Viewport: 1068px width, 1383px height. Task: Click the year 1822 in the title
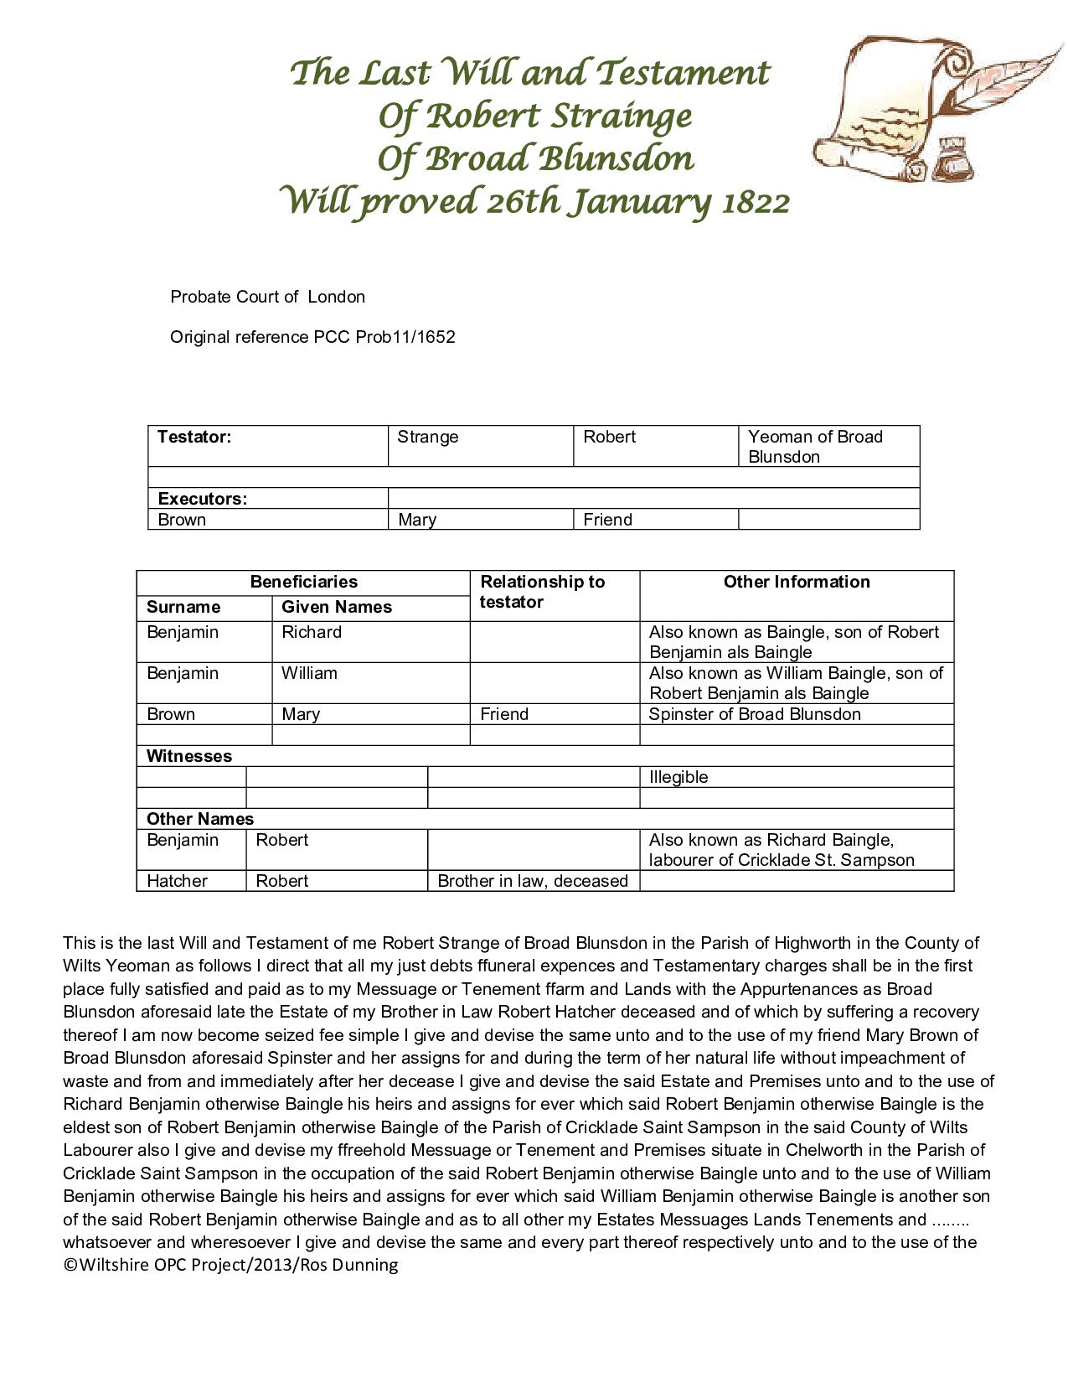[x=755, y=203]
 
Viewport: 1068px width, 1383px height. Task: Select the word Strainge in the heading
[x=621, y=116]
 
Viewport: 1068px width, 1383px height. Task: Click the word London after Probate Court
[x=336, y=297]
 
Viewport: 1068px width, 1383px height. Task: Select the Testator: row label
[x=194, y=437]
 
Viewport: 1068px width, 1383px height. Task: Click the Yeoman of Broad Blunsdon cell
[x=815, y=446]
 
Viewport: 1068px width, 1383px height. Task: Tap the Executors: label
[x=203, y=499]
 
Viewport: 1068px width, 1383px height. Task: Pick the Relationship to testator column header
[x=542, y=592]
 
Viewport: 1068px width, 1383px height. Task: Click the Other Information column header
[x=796, y=582]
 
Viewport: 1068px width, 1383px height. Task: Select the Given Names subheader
[x=337, y=607]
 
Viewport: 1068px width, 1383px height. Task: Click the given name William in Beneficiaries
[x=309, y=673]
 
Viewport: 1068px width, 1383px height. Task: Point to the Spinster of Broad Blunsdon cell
[x=755, y=714]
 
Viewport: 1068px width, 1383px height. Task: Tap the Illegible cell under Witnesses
[x=678, y=777]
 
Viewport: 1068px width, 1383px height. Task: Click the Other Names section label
[x=200, y=819]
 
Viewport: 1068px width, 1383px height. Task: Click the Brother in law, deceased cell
[x=533, y=881]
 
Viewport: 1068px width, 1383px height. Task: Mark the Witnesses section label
[x=189, y=756]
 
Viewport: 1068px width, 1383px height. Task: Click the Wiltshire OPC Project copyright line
[x=230, y=1265]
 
